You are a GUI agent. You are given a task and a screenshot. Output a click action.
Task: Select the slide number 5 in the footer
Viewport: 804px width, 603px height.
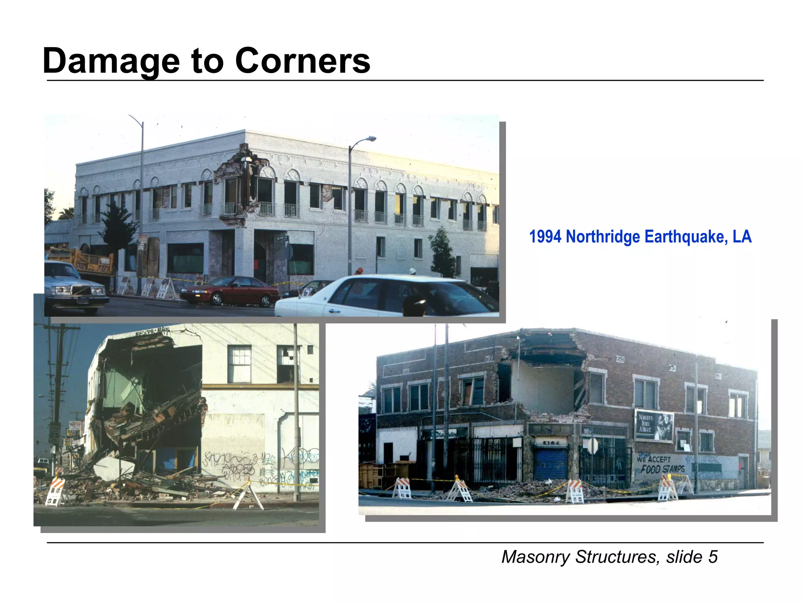point(713,557)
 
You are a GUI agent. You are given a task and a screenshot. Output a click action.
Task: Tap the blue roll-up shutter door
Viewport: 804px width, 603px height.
point(551,464)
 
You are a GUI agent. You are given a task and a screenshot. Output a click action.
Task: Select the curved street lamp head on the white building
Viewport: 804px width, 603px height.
point(369,139)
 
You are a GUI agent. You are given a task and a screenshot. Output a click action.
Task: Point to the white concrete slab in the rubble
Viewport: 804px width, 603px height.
point(114,468)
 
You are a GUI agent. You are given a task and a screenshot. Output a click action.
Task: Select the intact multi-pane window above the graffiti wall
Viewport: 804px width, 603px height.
point(239,364)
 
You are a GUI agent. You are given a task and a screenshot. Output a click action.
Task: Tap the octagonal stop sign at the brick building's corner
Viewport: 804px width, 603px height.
point(592,446)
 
